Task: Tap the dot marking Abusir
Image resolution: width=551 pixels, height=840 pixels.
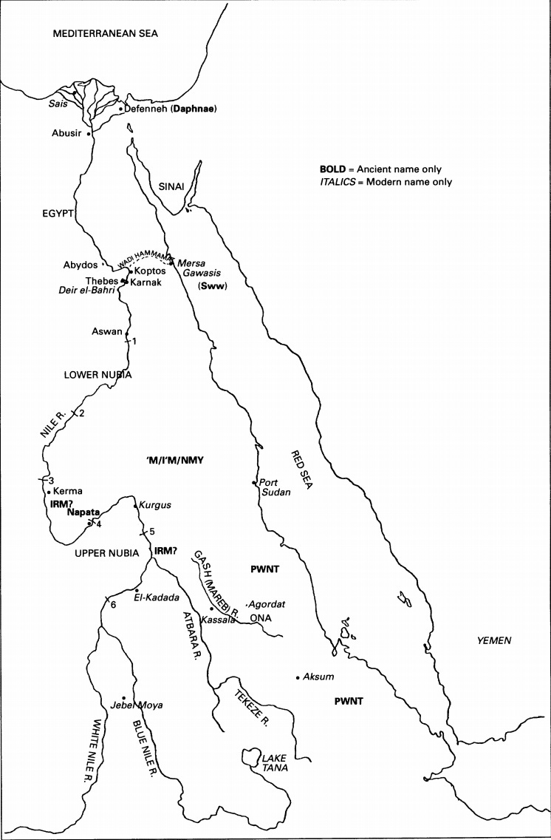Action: pos(89,135)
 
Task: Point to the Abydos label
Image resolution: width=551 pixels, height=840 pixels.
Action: pos(81,264)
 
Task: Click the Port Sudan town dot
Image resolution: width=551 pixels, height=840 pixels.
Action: pos(253,484)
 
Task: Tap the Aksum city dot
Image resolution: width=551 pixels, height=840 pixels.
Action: pos(297,677)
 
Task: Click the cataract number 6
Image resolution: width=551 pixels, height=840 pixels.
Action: pos(113,605)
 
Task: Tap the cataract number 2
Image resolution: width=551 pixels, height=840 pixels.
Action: pos(81,413)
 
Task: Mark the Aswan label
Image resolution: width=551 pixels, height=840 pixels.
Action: pos(107,332)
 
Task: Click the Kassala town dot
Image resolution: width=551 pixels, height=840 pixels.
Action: pos(212,608)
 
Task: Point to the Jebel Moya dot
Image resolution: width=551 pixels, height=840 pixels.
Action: pos(123,697)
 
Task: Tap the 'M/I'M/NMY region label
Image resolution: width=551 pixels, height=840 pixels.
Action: pos(175,461)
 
